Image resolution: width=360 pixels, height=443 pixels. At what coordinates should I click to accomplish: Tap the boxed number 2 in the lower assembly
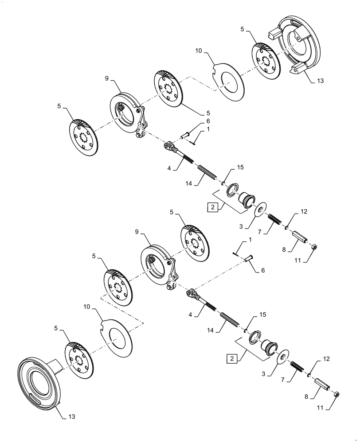pyautogui.click(x=231, y=357)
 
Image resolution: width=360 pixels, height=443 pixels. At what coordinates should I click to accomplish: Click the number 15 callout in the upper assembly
pyautogui.click(x=241, y=167)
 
